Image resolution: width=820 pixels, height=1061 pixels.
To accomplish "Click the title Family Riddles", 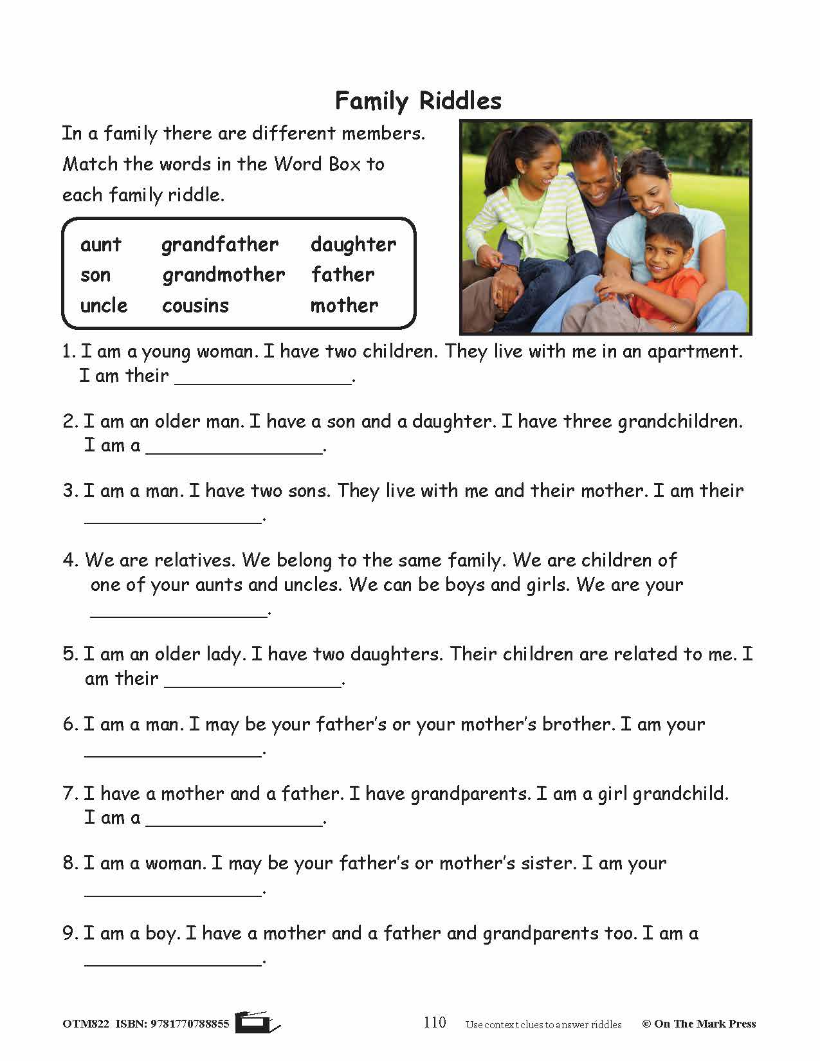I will point(418,101).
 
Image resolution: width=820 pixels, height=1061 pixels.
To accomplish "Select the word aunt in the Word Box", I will point(101,244).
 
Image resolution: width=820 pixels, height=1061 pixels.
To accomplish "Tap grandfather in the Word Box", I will point(220,244).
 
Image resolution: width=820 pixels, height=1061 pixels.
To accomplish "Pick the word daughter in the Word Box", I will point(353,244).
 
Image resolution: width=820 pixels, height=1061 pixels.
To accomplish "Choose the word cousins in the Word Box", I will point(196,305).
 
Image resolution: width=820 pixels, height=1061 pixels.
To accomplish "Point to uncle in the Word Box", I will point(104,305).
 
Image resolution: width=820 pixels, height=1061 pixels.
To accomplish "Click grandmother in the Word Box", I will point(223,275).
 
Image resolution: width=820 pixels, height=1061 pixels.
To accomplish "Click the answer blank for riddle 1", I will point(263,378).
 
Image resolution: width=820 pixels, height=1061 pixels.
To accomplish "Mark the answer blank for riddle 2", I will point(234,448).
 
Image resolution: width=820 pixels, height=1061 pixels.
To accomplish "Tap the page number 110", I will point(435,1022).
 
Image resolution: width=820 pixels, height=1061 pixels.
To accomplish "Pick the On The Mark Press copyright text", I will point(698,1024).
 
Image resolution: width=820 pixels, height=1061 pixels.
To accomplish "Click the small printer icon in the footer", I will point(256,1022).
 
